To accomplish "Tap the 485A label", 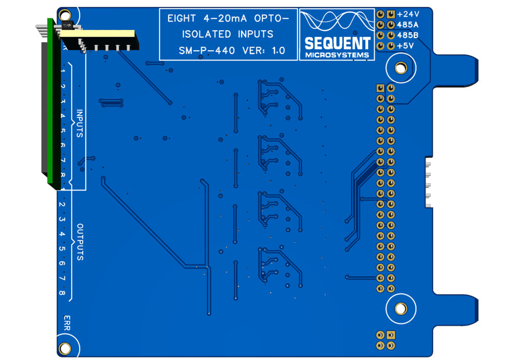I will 408,25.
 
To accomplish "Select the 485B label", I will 408,35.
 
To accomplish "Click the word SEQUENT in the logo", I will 337,43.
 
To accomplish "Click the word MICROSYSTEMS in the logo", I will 337,55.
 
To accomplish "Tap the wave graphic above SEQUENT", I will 337,22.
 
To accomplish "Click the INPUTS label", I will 80,124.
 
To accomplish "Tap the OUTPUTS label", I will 80,242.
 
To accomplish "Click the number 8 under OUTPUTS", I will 62,293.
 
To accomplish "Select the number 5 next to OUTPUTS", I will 62,249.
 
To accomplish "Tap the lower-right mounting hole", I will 400,309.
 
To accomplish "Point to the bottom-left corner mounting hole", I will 65,349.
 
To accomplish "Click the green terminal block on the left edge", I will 50,103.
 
